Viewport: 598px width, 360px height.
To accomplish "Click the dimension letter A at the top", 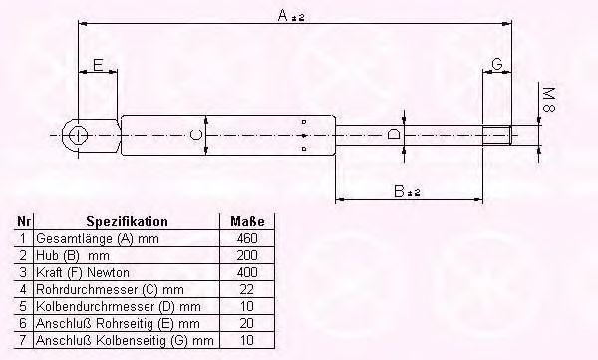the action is click(x=283, y=16).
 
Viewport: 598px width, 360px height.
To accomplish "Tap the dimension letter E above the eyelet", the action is click(x=98, y=65).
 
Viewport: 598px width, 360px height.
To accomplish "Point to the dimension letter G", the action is click(x=497, y=64).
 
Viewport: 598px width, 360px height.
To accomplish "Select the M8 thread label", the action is click(x=549, y=100).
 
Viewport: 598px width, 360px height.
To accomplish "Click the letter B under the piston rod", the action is click(x=399, y=191).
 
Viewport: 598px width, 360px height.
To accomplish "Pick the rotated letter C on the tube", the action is click(x=195, y=135).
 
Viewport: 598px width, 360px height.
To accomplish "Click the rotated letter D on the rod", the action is click(x=394, y=134).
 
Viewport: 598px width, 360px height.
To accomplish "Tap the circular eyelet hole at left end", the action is click(x=78, y=135).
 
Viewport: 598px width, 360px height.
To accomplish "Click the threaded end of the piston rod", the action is click(x=497, y=135).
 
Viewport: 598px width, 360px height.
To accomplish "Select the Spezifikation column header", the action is click(x=127, y=221).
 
